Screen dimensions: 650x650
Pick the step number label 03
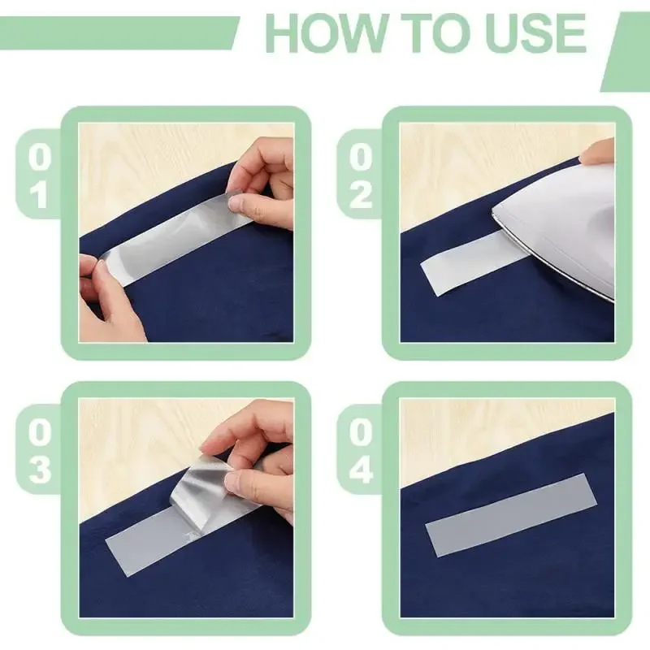[x=40, y=451]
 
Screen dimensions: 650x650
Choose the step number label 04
[x=361, y=451]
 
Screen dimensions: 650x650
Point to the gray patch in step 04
[x=511, y=515]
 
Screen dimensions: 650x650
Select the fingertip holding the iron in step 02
[x=597, y=151]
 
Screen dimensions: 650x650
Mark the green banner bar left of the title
[x=118, y=33]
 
